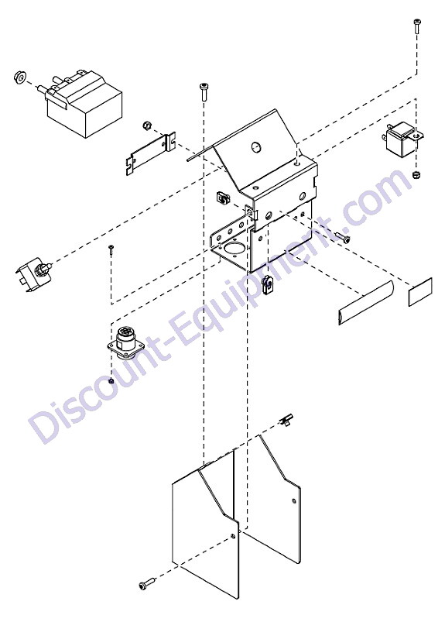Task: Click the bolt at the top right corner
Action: click(x=416, y=26)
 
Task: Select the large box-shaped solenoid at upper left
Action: click(x=83, y=104)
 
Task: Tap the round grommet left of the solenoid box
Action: click(x=19, y=77)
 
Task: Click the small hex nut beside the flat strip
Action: click(x=146, y=126)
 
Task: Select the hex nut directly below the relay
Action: click(x=416, y=174)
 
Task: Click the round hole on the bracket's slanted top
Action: click(x=255, y=148)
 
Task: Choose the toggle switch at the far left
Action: click(x=36, y=275)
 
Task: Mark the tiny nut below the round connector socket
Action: click(x=111, y=381)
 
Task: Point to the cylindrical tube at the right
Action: click(x=365, y=303)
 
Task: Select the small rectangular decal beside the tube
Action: click(x=420, y=291)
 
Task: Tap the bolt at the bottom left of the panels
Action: click(x=147, y=584)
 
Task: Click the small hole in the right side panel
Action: click(x=293, y=500)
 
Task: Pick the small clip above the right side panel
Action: click(x=286, y=419)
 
